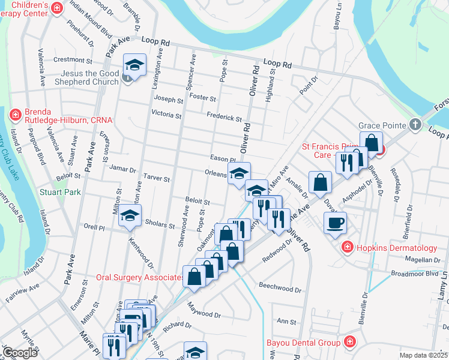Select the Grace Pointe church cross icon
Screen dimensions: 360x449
pos(414,125)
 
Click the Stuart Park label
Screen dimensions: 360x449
pos(60,193)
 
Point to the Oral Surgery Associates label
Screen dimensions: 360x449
pos(140,278)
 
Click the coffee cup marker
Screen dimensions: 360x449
pos(336,223)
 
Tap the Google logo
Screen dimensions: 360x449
pos(20,353)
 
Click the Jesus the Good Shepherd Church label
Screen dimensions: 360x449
pos(84,77)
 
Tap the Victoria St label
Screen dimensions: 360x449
pos(166,113)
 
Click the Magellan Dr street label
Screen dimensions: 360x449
pos(423,260)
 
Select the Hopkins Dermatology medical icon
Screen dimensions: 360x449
pos(346,248)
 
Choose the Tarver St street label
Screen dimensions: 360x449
pos(157,178)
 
